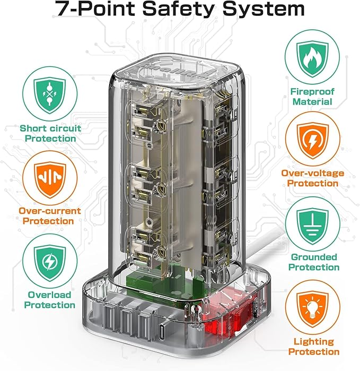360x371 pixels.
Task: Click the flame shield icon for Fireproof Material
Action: (312, 58)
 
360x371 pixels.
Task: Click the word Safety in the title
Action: (178, 8)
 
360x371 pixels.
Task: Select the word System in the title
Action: (264, 8)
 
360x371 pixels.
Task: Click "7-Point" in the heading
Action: (96, 8)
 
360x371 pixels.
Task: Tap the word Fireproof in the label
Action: (312, 91)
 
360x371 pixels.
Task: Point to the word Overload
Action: (49, 295)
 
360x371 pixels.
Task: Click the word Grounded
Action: (314, 257)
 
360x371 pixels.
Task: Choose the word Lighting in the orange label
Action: (314, 342)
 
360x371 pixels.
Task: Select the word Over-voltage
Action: (312, 173)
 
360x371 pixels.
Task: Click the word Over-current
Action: (50, 211)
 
